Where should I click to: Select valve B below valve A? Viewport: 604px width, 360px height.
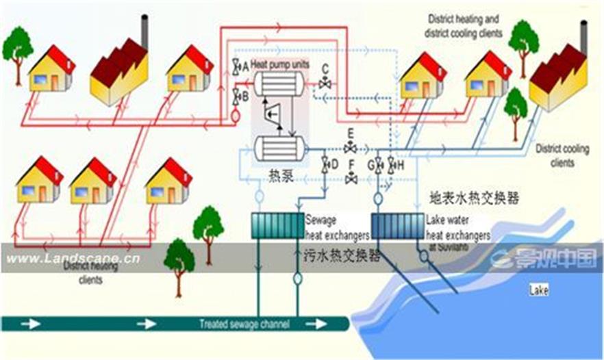pos(236,96)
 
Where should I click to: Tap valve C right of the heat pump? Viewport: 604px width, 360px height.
pos(325,83)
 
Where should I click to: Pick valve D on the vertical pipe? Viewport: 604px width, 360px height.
pos(326,164)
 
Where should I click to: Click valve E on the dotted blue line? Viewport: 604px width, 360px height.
pos(350,148)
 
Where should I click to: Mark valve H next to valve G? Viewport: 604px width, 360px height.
pos(392,164)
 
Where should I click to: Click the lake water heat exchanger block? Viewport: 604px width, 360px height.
pos(397,224)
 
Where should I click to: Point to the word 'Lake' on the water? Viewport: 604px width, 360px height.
pos(539,290)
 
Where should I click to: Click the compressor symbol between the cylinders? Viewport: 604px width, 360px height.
pos(275,116)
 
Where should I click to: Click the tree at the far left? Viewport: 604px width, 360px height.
pos(17,46)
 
